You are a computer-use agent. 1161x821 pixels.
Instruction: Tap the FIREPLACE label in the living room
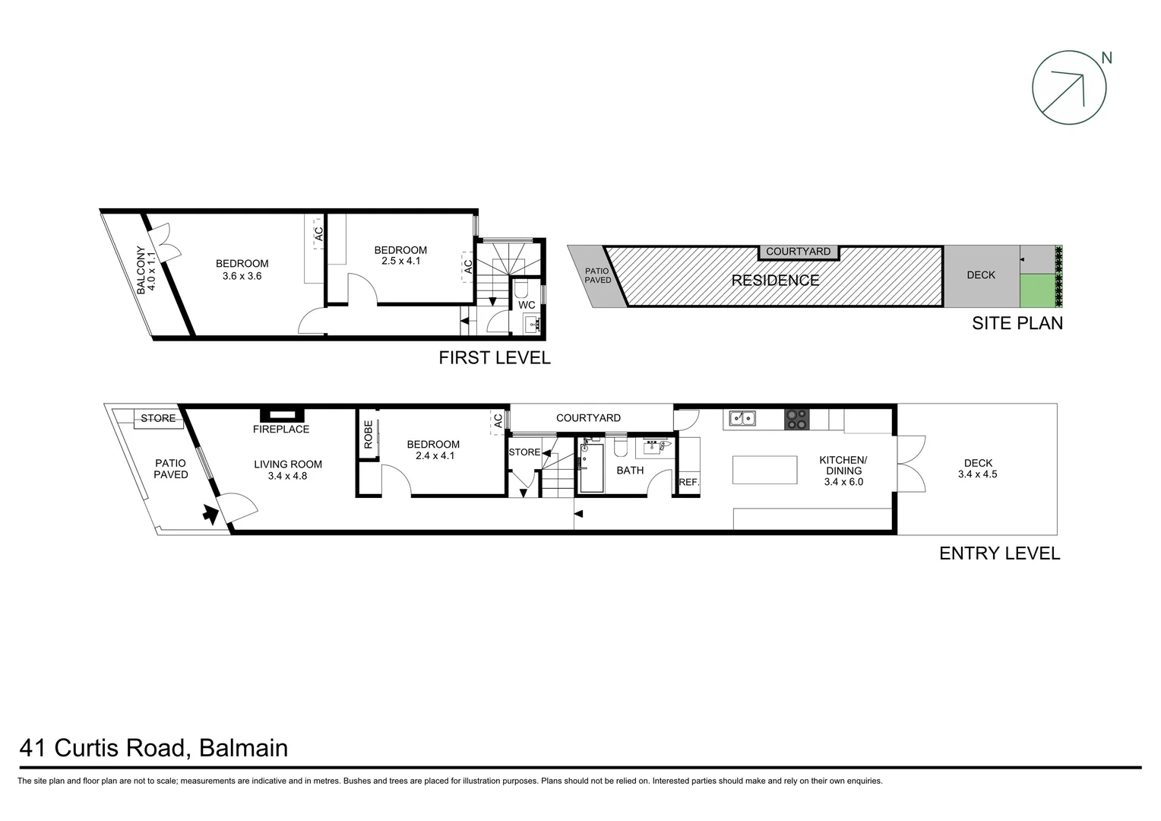tap(281, 430)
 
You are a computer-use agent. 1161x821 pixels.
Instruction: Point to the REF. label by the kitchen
tap(688, 482)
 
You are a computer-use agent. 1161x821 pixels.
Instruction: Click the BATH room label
tap(630, 471)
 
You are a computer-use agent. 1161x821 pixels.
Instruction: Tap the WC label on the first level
tap(527, 305)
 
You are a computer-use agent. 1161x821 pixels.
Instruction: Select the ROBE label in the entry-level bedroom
tap(369, 434)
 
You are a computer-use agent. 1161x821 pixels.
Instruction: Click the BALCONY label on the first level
tap(141, 270)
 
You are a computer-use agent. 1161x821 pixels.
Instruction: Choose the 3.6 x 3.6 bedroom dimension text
tap(242, 276)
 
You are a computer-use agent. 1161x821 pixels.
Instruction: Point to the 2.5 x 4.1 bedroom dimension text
tap(400, 261)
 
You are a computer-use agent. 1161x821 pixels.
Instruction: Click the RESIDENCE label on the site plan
tap(775, 281)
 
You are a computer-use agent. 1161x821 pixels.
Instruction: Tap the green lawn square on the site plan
tap(1037, 290)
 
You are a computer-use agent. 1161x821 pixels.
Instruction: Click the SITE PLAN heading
tap(1017, 323)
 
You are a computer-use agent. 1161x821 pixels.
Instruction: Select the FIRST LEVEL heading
tap(494, 358)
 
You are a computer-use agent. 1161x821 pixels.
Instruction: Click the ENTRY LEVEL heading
tap(999, 553)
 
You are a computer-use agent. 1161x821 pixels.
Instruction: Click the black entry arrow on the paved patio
tap(209, 515)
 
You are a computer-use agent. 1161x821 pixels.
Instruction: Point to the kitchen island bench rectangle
tap(764, 470)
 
